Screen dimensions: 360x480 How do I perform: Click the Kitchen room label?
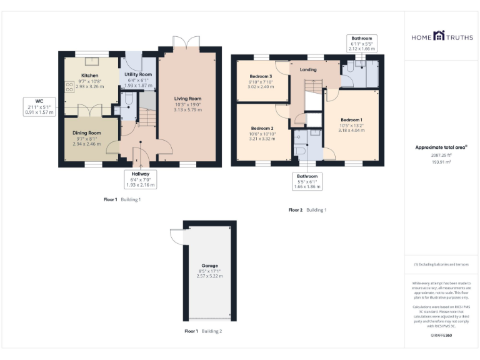(89, 76)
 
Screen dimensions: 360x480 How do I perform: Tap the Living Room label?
(187, 98)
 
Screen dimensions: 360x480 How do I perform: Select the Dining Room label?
(86, 132)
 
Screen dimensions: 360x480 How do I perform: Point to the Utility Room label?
(138, 74)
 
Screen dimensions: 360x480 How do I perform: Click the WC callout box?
(39, 106)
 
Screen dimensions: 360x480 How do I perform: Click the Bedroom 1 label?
(351, 120)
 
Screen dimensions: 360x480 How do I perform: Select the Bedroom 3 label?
(261, 76)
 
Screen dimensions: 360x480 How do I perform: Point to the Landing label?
(308, 70)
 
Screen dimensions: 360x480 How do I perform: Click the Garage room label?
(210, 264)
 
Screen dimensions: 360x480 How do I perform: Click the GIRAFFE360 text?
(442, 336)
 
